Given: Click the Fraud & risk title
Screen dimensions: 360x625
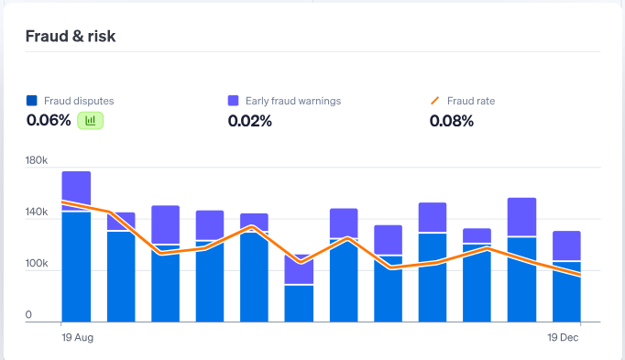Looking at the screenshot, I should (71, 36).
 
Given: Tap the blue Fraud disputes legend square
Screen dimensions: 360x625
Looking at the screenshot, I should (32, 101).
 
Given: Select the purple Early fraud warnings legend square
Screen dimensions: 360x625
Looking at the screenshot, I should (234, 101).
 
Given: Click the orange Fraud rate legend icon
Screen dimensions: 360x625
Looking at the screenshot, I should (435, 101).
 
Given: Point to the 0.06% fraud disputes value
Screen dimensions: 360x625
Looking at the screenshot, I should (49, 120).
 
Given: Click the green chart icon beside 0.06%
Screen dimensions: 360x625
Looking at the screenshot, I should (91, 120).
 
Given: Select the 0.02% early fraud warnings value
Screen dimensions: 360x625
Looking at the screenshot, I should (250, 121).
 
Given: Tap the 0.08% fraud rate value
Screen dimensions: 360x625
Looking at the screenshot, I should (452, 121).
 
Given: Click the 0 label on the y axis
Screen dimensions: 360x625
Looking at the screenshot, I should (29, 315).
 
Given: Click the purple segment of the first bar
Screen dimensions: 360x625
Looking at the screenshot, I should (76, 189).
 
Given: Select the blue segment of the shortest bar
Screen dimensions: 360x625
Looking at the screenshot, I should (299, 303).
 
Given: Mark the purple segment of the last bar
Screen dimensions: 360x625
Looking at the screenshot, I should (566, 245).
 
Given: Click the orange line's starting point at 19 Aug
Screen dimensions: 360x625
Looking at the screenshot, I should (62, 202).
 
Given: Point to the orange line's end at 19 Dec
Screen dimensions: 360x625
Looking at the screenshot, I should (580, 275).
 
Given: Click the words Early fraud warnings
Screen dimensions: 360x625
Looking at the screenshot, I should (292, 101).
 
